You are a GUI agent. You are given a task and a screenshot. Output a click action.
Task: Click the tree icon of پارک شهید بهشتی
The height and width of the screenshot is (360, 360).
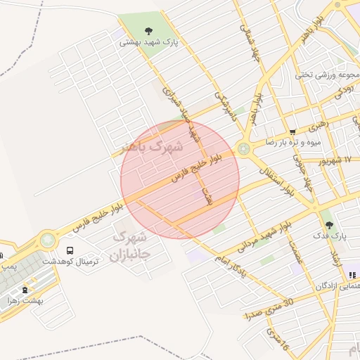click(x=148, y=30)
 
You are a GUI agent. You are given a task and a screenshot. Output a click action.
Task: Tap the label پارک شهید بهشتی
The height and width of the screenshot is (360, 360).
click(x=149, y=42)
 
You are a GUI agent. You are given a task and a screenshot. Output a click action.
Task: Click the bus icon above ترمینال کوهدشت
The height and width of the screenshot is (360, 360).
click(x=70, y=250)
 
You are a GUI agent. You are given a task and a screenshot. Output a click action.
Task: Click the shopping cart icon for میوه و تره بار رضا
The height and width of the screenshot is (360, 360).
click(x=292, y=131)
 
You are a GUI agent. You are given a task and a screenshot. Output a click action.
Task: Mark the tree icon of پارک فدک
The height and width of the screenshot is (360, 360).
click(x=329, y=225)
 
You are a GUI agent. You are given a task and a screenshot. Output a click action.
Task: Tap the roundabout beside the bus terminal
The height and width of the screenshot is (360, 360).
click(x=48, y=240)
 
